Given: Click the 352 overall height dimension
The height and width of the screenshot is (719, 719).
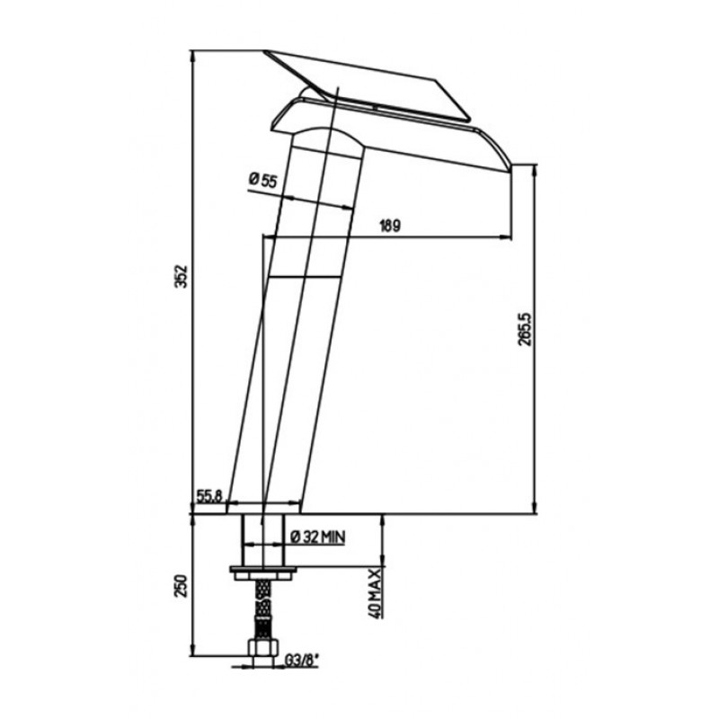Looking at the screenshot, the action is (x=183, y=276).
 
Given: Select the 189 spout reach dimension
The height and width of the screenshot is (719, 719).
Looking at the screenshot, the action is (x=390, y=226).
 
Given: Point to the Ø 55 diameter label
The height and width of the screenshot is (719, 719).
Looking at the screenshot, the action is (x=263, y=180).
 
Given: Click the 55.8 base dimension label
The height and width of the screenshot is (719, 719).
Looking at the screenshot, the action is (x=209, y=495).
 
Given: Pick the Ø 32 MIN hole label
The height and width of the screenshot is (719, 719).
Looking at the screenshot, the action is (x=318, y=536).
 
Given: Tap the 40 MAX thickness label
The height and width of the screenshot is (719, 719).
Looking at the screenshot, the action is (x=375, y=593).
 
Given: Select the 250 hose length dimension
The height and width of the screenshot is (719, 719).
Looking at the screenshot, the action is (x=183, y=586).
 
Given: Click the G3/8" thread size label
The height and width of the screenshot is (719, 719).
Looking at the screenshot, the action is (x=302, y=661).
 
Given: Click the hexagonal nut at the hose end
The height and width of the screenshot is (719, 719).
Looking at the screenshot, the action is (x=262, y=648).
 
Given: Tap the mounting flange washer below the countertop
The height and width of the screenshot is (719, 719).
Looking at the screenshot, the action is (x=263, y=573).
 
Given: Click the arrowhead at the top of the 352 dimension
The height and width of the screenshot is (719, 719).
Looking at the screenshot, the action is (x=193, y=56).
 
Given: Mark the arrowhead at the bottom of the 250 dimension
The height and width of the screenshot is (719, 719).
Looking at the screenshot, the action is (x=193, y=650).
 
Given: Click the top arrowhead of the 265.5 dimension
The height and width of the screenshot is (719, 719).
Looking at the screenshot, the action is (x=535, y=170).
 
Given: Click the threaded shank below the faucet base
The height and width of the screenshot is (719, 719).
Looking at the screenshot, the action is (x=263, y=541).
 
